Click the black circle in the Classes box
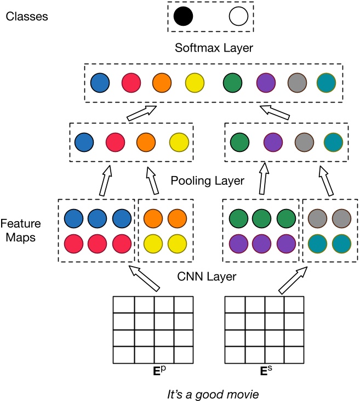click(184, 17)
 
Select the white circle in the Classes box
click(239, 17)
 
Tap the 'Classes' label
click(27, 16)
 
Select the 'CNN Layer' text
click(208, 276)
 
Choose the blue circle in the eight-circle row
click(100, 83)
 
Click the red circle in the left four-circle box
click(115, 142)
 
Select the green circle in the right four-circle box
click(240, 142)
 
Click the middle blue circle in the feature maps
click(96, 218)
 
